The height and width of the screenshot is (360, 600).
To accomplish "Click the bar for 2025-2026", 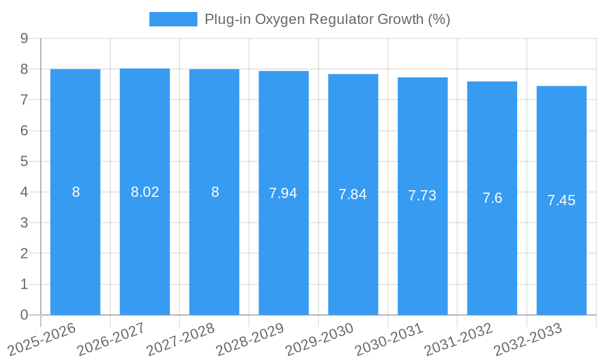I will pos(75,192).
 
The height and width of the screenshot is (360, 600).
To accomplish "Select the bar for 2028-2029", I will pos(284,193).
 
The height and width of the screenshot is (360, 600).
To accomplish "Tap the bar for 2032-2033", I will pos(562,200).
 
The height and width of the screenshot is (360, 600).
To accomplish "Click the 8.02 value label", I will pos(145,192).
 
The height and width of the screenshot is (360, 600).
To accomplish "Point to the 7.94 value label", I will pos(283,193).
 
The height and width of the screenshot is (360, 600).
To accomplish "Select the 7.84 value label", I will pos(353,194).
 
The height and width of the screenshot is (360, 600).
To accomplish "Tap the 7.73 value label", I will pos(422,196).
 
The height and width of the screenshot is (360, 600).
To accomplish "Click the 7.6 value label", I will pos(492,198).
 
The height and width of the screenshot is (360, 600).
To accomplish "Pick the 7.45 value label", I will pos(562,200).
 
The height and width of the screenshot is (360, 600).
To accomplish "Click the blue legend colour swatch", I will pos(173,19).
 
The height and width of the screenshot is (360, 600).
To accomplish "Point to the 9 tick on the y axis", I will pos(24,38).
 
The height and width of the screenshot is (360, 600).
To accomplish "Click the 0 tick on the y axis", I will pos(24,315).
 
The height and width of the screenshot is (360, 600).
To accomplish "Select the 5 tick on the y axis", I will pos(24,161).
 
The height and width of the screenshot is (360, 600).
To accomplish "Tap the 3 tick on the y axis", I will pos(24,223).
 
